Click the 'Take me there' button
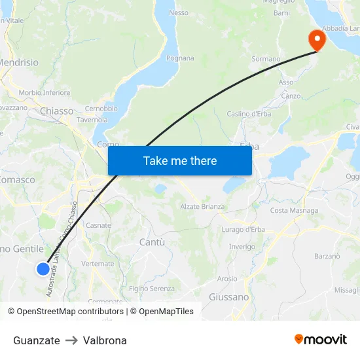(180, 160)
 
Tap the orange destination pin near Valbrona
(317, 39)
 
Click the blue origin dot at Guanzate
(43, 268)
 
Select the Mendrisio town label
(18, 63)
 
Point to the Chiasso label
(57, 111)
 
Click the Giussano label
(228, 297)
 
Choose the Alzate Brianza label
(202, 207)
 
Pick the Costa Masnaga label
(294, 211)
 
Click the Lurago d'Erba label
(243, 229)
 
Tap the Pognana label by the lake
(180, 58)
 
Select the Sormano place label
(266, 59)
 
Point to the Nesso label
(179, 12)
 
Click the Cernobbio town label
(101, 109)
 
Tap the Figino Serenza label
(152, 289)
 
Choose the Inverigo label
(242, 246)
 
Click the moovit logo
(320, 339)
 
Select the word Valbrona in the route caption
(105, 340)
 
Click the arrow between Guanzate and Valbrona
(71, 340)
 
